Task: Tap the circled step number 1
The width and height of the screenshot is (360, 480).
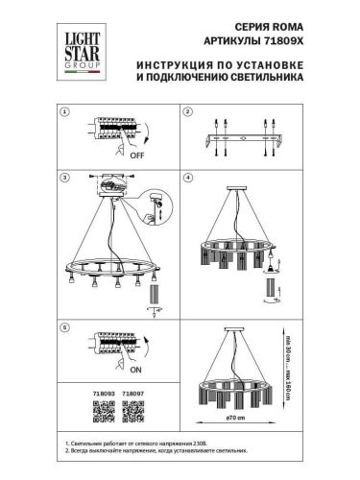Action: tap(64, 112)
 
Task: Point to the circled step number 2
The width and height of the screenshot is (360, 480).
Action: tap(186, 112)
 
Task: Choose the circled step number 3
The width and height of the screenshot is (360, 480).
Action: tap(64, 179)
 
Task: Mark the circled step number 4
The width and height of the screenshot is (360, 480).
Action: tap(186, 179)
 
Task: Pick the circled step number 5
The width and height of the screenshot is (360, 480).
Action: tap(64, 327)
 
